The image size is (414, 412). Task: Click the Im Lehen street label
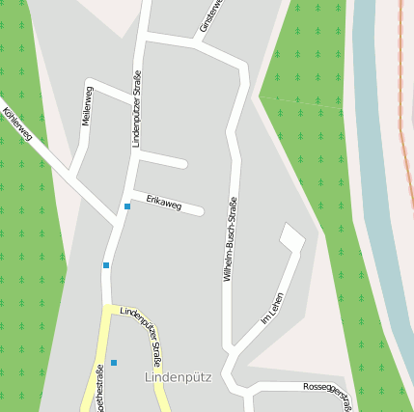273,307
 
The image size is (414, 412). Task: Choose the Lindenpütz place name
170,376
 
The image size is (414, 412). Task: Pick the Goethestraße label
98,388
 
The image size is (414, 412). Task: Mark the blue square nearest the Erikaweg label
127,206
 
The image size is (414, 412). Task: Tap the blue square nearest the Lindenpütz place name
114,363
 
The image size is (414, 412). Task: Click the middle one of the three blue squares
106,264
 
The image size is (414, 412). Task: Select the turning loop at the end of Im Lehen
291,237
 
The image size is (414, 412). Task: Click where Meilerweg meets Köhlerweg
72,175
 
